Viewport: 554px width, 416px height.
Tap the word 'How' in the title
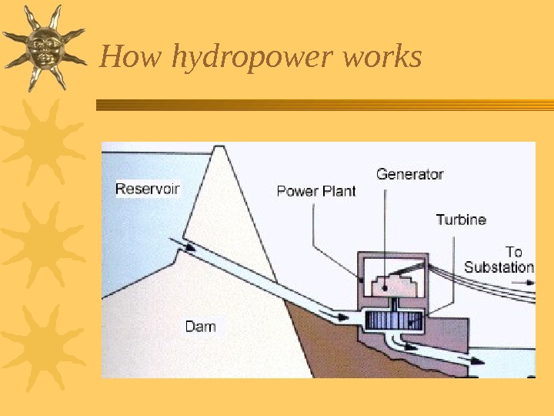tap(122, 56)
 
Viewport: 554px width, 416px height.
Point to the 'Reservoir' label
tap(148, 189)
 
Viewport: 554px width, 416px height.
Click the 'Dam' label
tap(200, 327)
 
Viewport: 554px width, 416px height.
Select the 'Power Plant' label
tap(316, 191)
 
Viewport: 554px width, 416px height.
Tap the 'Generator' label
tap(409, 175)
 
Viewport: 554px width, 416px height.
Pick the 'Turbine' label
tap(461, 220)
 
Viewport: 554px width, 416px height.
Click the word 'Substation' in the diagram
tap(499, 267)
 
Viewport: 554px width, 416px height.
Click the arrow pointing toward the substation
tap(526, 283)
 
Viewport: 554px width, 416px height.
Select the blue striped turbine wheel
tap(394, 320)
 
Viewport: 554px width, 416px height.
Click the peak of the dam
tap(221, 147)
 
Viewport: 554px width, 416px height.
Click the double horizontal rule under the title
tap(323, 106)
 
